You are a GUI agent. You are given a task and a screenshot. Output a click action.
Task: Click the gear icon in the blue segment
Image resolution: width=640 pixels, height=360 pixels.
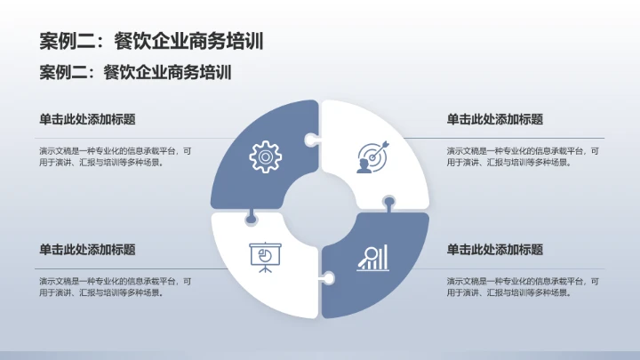click(265, 156)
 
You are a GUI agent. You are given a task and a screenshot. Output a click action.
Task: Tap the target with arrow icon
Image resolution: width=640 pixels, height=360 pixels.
click(373, 157)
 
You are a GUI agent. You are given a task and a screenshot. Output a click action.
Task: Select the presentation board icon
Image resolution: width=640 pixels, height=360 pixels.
click(265, 258)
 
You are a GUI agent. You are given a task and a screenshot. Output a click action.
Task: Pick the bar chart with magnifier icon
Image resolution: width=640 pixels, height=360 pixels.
click(373, 258)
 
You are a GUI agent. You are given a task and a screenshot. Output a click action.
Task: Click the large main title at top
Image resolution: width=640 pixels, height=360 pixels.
click(151, 41)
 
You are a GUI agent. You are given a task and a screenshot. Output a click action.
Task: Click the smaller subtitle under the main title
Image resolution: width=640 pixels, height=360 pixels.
click(135, 72)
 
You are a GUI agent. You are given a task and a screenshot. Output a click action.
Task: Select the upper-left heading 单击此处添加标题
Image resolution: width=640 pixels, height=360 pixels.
click(87, 119)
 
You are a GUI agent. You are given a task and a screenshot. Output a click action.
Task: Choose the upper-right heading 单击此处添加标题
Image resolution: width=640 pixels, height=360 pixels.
click(495, 119)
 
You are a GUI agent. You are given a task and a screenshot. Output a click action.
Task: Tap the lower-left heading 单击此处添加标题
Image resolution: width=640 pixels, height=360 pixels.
click(87, 250)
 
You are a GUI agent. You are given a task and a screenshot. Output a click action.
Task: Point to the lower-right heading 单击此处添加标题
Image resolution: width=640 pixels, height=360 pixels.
click(495, 250)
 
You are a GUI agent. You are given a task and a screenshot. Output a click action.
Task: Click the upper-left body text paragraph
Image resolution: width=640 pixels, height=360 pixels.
click(115, 156)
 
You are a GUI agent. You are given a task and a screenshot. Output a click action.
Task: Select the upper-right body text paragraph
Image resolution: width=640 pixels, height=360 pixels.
click(523, 156)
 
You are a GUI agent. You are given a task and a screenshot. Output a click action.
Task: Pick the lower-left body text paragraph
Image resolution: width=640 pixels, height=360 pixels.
click(115, 287)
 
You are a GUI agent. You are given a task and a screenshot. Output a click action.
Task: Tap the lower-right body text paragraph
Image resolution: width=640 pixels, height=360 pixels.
click(523, 287)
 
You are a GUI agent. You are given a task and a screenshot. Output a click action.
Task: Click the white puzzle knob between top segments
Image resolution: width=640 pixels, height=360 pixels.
click(312, 140)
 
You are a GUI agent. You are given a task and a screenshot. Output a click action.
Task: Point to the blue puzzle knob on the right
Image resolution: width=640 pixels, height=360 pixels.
click(389, 203)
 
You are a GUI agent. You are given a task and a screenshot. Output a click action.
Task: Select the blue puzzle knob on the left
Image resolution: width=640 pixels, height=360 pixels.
click(251, 219)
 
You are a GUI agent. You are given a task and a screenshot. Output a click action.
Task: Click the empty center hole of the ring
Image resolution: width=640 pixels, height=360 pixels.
click(320, 209)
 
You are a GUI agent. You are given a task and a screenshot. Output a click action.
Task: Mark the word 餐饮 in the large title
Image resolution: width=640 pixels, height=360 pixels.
click(132, 41)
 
